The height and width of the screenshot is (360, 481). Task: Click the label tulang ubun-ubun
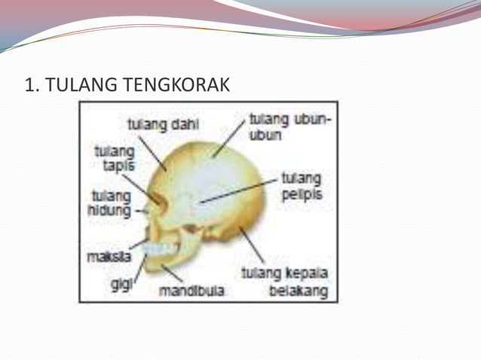(290, 127)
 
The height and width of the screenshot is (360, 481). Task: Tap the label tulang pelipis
(301, 186)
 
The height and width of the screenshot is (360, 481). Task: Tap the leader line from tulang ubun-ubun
(229, 140)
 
